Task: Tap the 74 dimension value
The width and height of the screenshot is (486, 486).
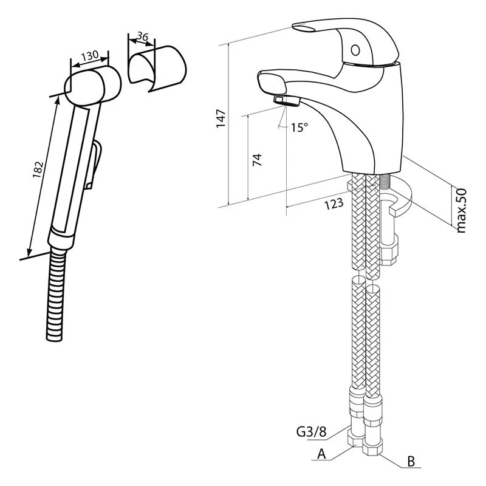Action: (x=256, y=160)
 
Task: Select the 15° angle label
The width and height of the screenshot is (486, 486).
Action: (x=299, y=128)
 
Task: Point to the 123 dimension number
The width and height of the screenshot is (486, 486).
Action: (x=334, y=204)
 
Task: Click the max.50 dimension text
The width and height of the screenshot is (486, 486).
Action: (x=461, y=210)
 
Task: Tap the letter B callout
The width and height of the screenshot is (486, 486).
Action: (x=411, y=462)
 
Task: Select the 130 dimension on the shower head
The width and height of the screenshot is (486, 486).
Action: (x=89, y=56)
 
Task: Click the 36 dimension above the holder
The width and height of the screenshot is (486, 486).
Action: (x=143, y=38)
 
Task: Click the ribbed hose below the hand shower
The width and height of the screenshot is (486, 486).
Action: (x=58, y=292)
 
